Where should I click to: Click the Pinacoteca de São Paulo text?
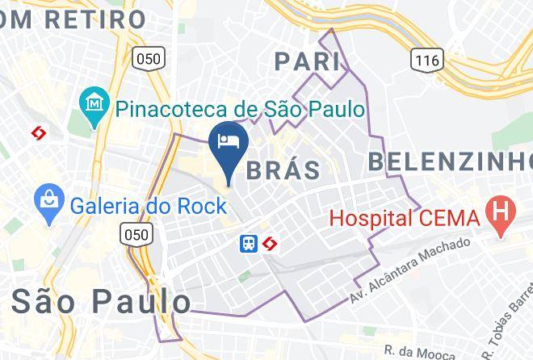coord(238,107)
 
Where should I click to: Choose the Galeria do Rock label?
coord(148,205)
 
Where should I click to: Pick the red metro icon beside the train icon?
coord(269,243)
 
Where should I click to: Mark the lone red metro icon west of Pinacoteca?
coord(37,132)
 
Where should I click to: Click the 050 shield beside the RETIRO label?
coord(149,58)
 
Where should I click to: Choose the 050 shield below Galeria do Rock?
coord(132,234)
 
